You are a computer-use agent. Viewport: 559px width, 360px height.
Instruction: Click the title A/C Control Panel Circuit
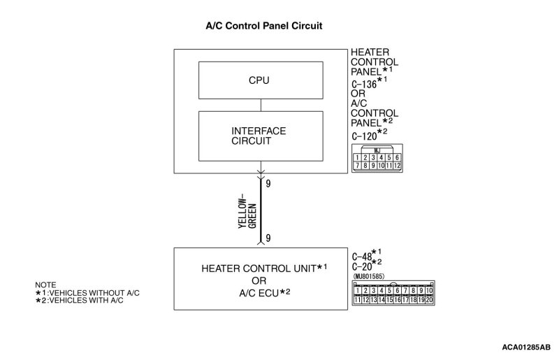[x=263, y=26]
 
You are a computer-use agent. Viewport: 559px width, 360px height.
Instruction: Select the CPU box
[x=259, y=80]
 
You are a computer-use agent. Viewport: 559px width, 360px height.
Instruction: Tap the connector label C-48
[x=362, y=256]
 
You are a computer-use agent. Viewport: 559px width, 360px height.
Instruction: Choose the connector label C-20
[x=362, y=266]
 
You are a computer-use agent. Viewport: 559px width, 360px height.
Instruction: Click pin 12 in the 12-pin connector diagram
[x=395, y=166]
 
